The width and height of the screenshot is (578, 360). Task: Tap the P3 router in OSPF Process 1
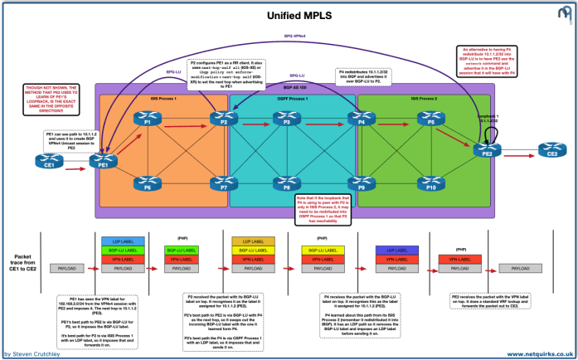click(287, 120)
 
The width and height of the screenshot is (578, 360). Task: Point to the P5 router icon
click(429, 120)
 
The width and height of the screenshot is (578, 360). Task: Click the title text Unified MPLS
click(289, 15)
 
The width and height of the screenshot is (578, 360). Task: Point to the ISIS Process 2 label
click(430, 100)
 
